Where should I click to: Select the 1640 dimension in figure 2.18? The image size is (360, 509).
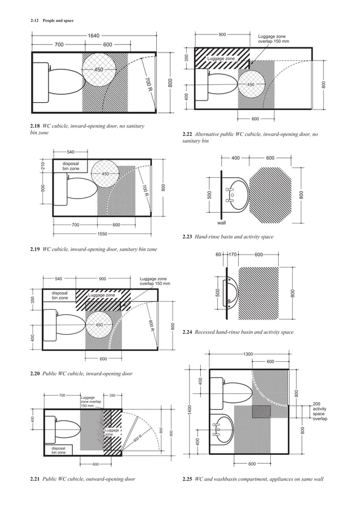coord(94,36)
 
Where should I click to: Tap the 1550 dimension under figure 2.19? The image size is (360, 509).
coord(102,234)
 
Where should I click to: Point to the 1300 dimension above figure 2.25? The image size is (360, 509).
coord(248,354)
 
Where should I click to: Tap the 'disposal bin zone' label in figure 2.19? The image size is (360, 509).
coord(71,166)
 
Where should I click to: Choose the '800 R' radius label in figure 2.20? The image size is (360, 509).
coord(151,327)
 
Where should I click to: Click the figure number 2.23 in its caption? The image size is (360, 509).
coord(187,237)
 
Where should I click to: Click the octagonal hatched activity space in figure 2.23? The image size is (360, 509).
coord(270,190)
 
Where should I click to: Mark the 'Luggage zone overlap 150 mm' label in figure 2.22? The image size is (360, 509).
coord(273,38)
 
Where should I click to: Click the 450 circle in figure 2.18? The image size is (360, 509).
coord(99,69)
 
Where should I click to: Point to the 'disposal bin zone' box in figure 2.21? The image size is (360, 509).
coord(59,450)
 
